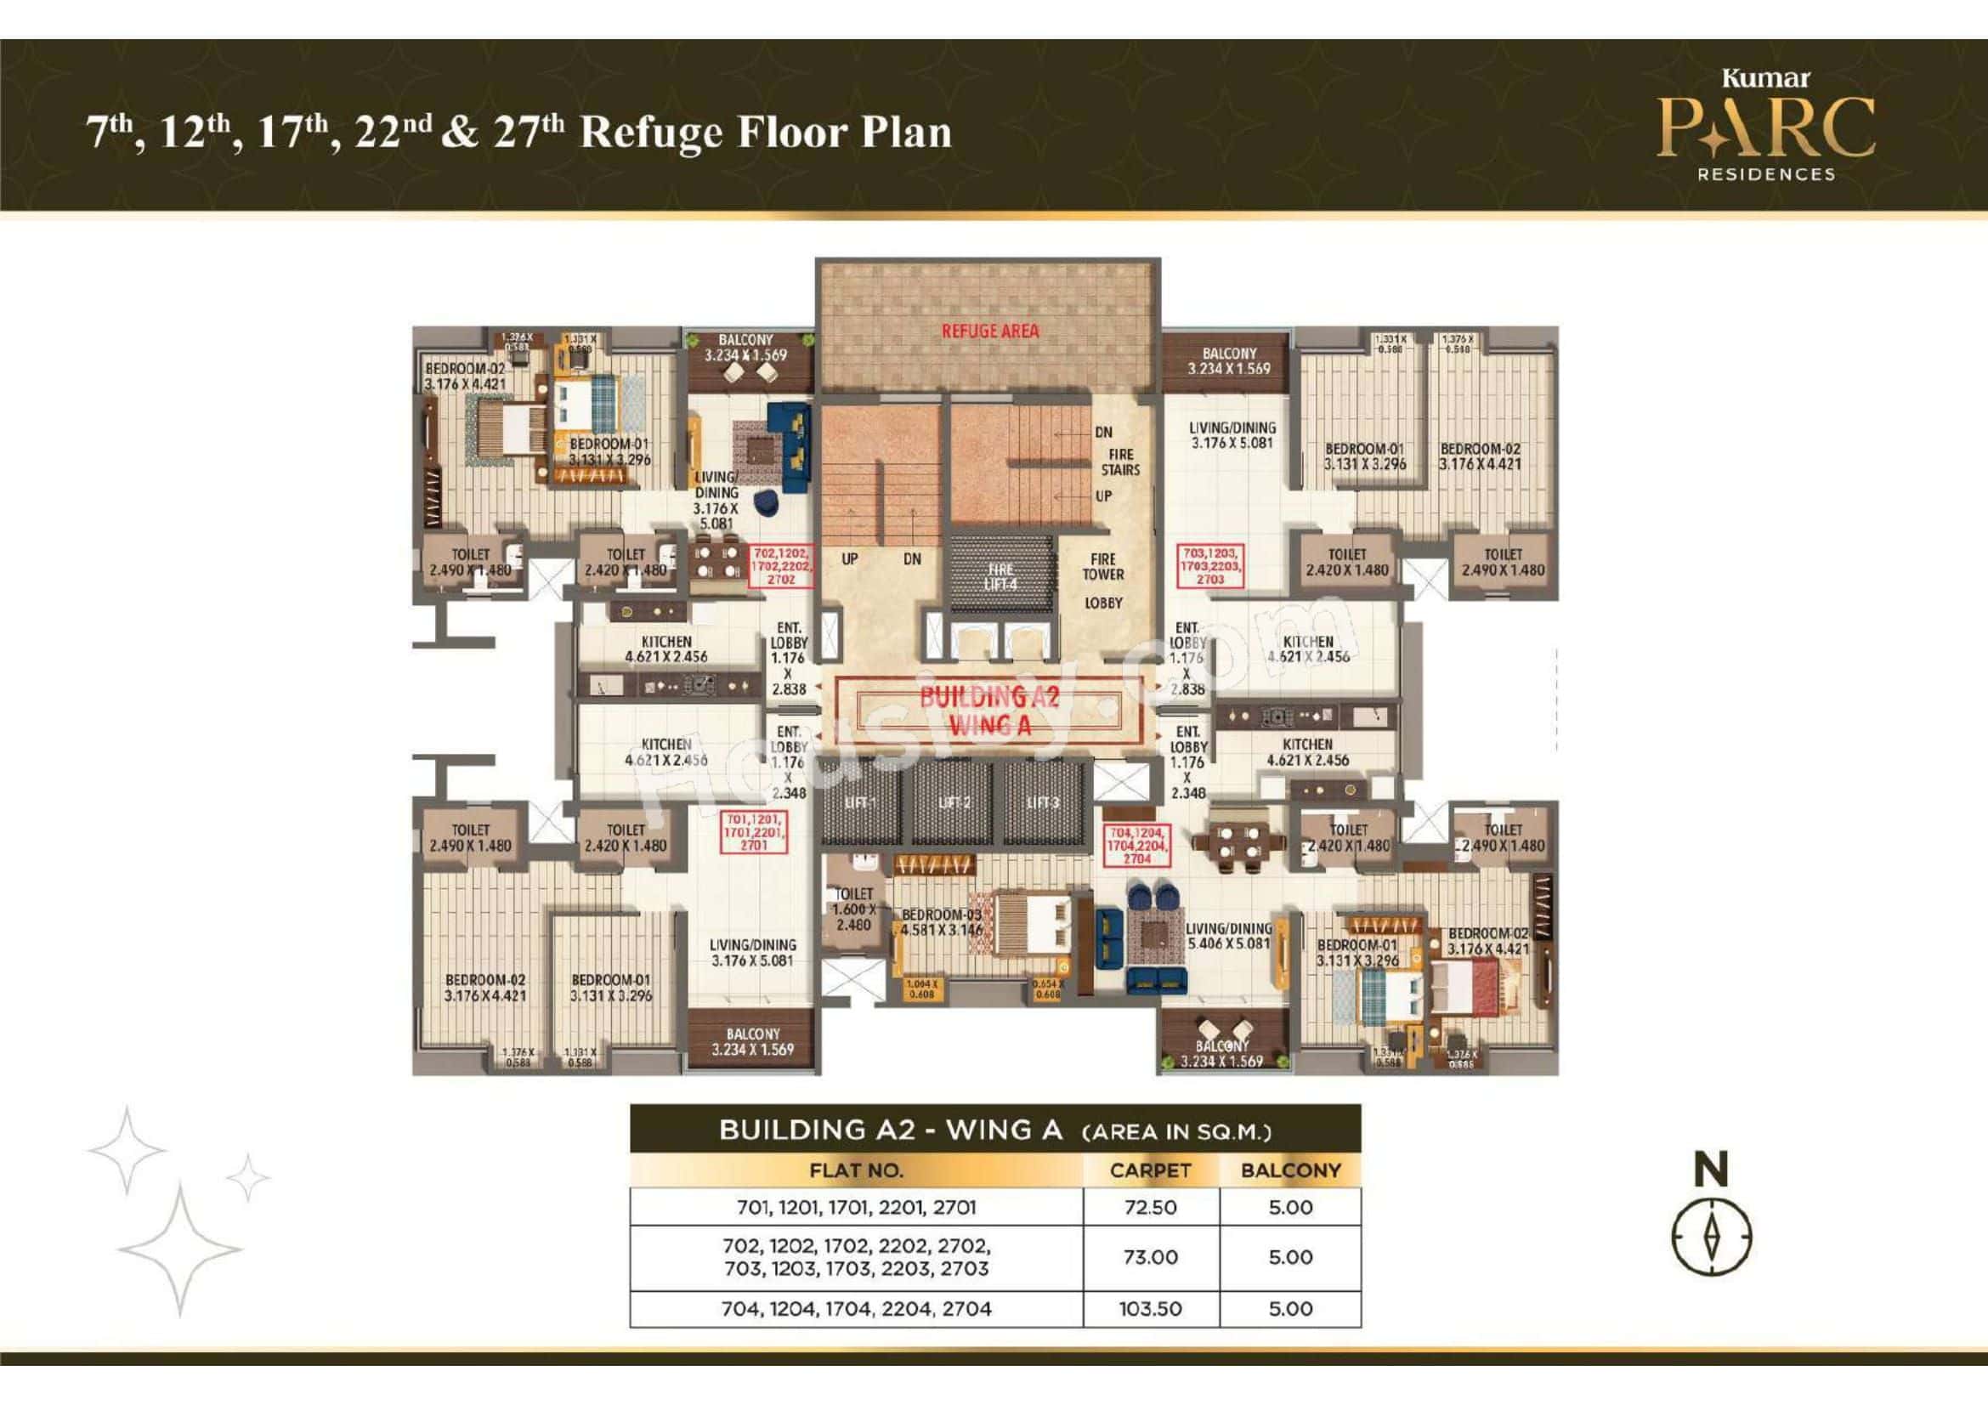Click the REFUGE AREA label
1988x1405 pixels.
click(x=988, y=331)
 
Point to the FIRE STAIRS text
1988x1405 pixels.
click(x=1120, y=462)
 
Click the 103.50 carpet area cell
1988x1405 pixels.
click(x=1150, y=1309)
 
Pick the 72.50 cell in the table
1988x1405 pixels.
click(x=1150, y=1207)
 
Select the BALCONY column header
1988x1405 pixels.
click(x=1290, y=1170)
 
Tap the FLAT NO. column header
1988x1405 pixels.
click(x=856, y=1170)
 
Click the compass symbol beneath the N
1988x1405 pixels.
click(x=1711, y=1235)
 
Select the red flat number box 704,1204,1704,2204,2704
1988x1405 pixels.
click(x=1137, y=845)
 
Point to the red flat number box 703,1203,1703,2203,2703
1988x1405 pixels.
click(x=1210, y=566)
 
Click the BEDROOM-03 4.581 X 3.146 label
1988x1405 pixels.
click(x=941, y=922)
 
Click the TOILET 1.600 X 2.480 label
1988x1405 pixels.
click(x=852, y=909)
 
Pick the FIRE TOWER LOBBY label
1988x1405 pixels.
click(x=1102, y=580)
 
